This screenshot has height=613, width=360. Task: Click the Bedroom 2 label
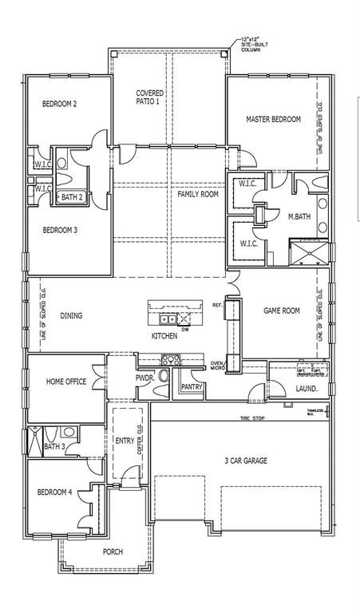60,105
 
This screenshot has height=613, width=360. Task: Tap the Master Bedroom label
273,119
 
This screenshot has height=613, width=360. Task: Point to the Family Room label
198,194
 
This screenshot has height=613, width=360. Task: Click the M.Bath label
299,216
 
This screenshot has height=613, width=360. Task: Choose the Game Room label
282,310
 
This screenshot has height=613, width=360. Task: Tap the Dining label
71,315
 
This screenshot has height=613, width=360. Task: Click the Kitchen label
164,336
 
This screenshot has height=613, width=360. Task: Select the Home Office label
66,382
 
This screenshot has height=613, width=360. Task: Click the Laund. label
306,389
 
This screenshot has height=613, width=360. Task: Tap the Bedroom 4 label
55,492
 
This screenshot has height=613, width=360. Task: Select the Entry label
124,440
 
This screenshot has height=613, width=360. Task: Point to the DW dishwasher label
184,328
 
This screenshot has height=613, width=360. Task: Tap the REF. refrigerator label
216,305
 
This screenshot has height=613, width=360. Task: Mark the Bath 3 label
53,446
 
